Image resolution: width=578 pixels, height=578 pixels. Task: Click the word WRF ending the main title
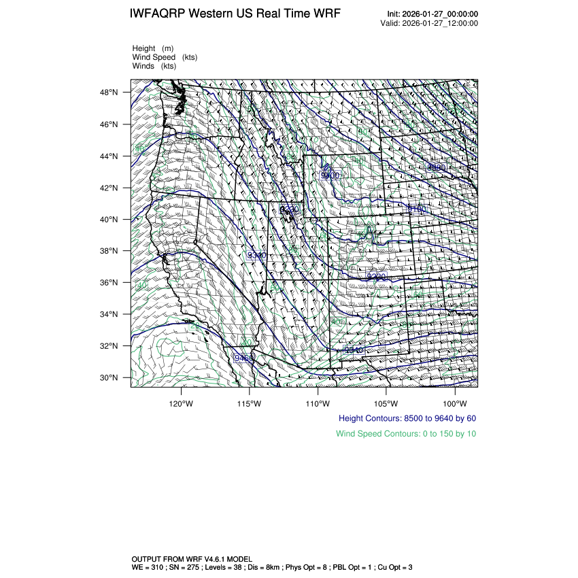click(x=326, y=14)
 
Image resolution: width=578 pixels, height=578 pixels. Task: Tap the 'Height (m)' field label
click(x=153, y=48)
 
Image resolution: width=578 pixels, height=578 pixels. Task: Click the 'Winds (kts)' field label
click(x=154, y=66)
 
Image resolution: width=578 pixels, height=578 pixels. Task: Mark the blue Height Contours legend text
click(x=407, y=419)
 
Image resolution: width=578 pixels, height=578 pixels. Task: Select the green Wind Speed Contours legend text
click(x=406, y=434)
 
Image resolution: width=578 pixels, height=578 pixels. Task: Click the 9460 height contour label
click(x=244, y=358)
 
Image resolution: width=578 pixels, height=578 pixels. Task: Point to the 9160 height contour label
click(x=415, y=209)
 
